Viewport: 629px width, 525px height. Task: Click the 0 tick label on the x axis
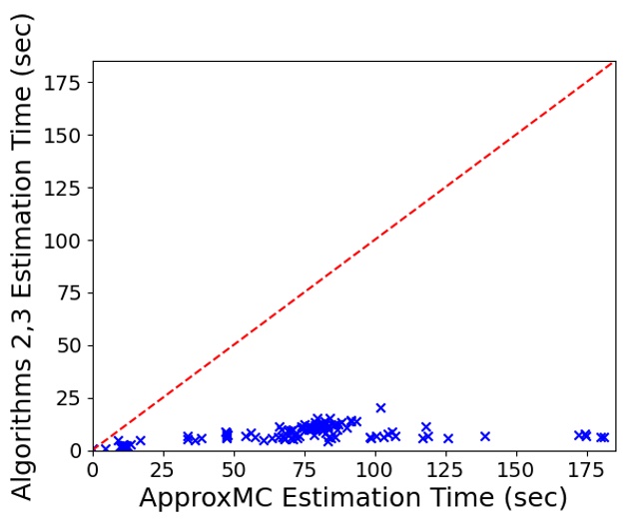(x=93, y=470)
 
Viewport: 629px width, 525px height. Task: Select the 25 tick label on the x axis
(x=164, y=470)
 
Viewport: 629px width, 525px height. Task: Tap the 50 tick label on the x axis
(x=235, y=470)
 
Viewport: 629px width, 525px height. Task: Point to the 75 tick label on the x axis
(x=305, y=470)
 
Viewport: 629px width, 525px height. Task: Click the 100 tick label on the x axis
(x=375, y=470)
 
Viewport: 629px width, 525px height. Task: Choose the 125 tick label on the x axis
(x=446, y=470)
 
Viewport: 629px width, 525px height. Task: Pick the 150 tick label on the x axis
(x=516, y=470)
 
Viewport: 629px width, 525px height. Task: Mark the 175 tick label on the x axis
(x=587, y=470)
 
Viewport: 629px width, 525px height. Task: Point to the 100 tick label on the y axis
(x=64, y=241)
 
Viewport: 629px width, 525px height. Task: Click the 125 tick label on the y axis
(x=64, y=188)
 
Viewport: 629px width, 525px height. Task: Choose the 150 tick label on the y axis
(x=64, y=135)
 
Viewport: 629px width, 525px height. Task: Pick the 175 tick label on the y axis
(x=64, y=82)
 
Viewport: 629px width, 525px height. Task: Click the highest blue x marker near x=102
(x=380, y=407)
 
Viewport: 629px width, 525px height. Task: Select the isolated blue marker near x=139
(x=485, y=436)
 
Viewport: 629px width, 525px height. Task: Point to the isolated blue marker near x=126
(x=448, y=438)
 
